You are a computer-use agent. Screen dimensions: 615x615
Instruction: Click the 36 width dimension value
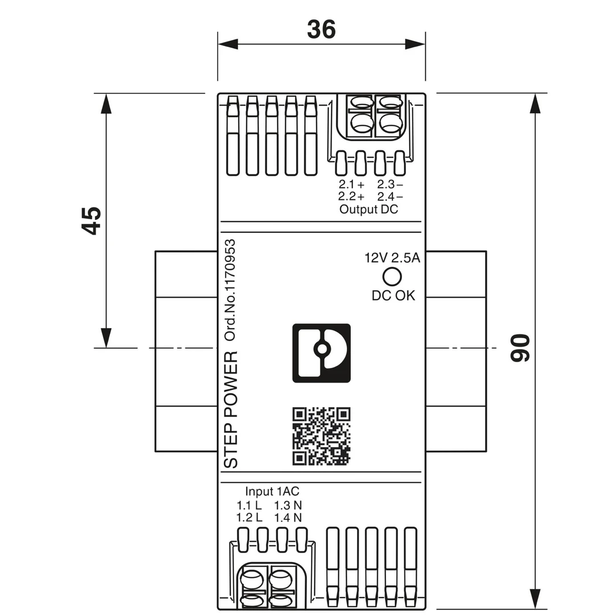tap(321, 30)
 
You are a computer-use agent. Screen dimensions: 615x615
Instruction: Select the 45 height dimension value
tap(91, 220)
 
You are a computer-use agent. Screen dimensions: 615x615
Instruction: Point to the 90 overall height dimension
tap(520, 348)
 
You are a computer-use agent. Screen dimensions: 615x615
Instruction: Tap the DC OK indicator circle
tap(392, 276)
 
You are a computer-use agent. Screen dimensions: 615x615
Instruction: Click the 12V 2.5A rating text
tap(392, 258)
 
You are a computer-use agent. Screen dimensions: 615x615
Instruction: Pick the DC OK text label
tap(393, 296)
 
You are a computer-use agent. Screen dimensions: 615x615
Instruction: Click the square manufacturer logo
tap(321, 353)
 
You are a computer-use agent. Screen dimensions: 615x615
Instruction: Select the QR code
tap(321, 436)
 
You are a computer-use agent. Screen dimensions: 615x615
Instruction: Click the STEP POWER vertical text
tap(231, 410)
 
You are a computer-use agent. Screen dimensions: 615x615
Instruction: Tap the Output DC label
tap(369, 209)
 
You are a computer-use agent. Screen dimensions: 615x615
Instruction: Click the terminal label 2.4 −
tap(390, 196)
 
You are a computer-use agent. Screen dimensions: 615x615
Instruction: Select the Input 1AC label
tap(272, 491)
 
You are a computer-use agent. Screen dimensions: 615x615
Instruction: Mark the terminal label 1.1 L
tap(249, 505)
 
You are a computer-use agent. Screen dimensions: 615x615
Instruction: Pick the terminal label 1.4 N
tap(288, 518)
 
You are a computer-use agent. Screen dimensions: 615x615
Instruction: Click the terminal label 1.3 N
tap(288, 505)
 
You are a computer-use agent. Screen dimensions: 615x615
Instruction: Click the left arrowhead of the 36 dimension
tap(227, 44)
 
